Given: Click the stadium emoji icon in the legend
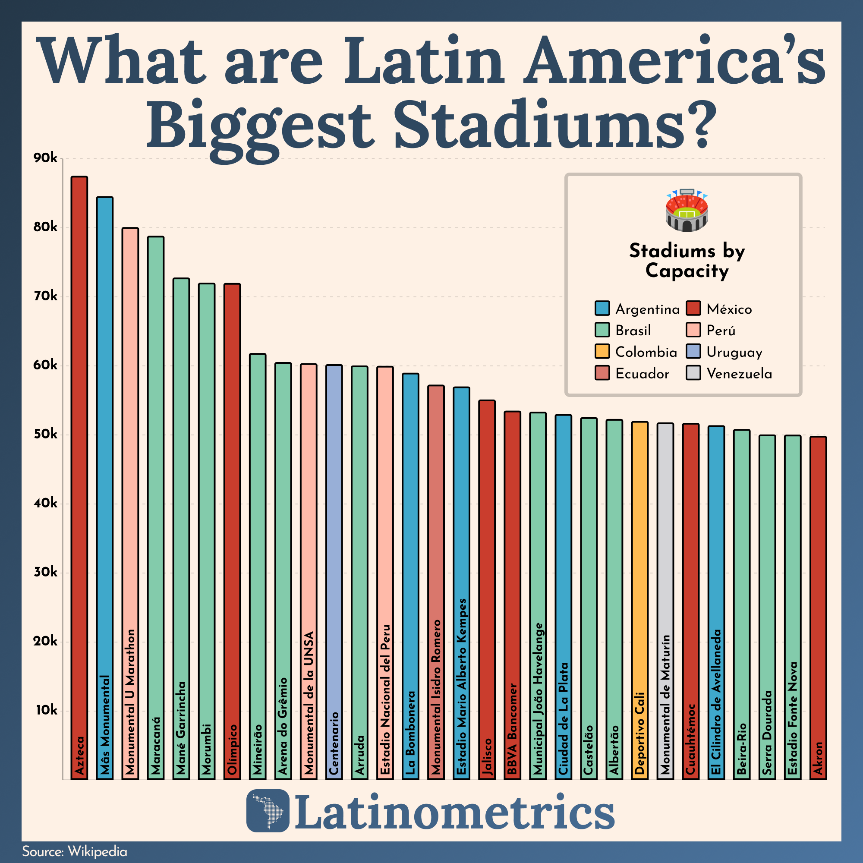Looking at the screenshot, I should point(687,211).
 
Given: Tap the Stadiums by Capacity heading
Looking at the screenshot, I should point(687,261).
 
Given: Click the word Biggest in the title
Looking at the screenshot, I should point(259,125).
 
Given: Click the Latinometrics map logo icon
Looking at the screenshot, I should point(268,811).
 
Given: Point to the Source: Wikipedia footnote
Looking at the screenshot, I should point(75,851).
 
